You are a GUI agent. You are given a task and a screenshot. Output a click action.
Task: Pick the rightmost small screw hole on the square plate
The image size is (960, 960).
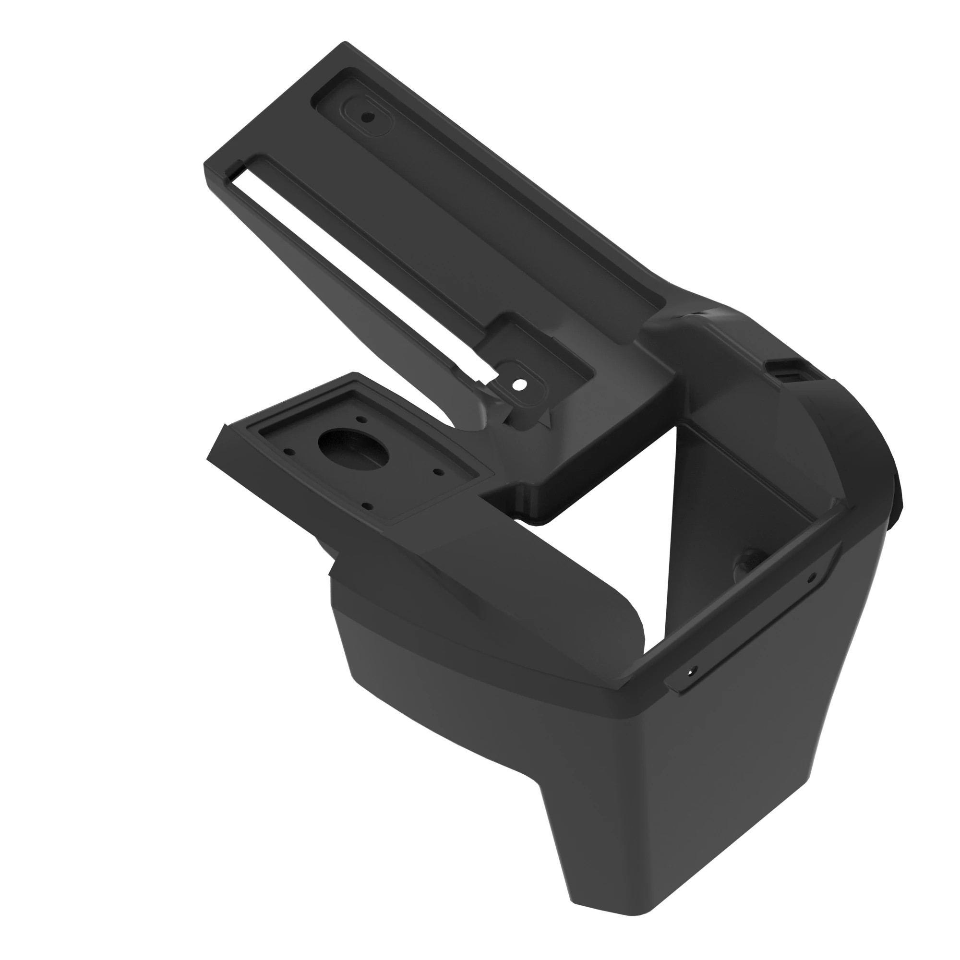(x=438, y=470)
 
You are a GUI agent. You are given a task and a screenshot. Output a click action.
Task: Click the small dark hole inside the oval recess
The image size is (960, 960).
(x=368, y=118)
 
